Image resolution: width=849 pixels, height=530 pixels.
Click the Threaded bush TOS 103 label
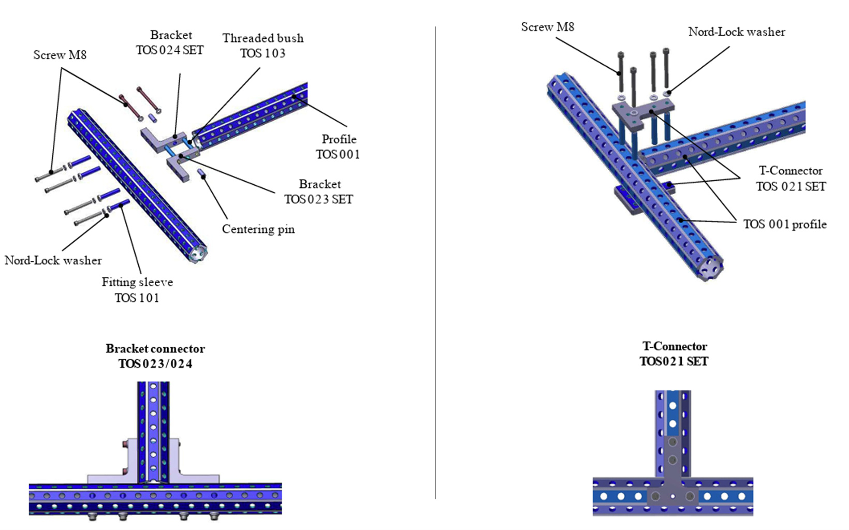(x=262, y=46)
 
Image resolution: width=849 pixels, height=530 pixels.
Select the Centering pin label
(x=258, y=229)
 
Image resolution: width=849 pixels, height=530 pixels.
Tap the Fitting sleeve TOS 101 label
(x=137, y=290)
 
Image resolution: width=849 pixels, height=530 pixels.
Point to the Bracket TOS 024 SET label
(x=170, y=42)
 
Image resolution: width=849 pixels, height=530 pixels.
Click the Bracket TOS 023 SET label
(x=319, y=192)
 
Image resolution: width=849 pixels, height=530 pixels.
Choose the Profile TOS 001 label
(x=338, y=146)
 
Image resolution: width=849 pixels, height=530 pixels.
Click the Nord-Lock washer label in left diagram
(x=53, y=260)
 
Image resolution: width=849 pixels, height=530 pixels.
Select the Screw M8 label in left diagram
(x=60, y=55)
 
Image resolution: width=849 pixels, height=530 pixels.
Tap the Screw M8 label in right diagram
(x=548, y=27)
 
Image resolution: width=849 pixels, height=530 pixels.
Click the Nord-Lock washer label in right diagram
(x=737, y=32)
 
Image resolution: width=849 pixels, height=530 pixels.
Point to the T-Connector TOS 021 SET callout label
(x=791, y=179)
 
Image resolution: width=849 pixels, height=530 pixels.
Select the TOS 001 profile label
(x=785, y=224)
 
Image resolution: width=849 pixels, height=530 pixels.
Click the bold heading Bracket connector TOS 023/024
(x=155, y=356)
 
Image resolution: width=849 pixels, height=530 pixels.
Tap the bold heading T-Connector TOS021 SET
(x=674, y=354)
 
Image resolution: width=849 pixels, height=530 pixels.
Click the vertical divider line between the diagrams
(x=435, y=262)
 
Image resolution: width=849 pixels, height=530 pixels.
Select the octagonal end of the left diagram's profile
(x=197, y=253)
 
